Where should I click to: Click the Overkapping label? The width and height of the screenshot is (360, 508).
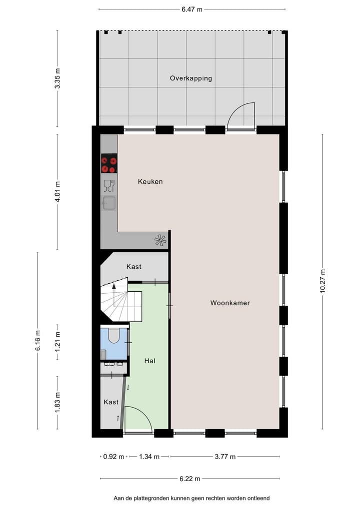[190, 78]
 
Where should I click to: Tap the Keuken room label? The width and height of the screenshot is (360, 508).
[150, 182]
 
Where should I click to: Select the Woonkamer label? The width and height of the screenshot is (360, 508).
[229, 303]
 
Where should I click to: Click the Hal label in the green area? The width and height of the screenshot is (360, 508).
[149, 361]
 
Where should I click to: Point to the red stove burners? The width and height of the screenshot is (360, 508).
[109, 164]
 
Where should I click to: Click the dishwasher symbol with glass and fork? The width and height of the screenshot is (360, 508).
[109, 186]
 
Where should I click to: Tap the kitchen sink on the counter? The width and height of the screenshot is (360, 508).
[108, 203]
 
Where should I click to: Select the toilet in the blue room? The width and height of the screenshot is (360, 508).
[113, 336]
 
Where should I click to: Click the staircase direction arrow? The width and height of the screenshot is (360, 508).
[114, 287]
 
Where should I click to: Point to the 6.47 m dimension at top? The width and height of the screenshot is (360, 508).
[192, 9]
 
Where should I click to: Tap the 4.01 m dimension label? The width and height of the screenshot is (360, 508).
[57, 192]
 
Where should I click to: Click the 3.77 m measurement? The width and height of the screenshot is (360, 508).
[224, 457]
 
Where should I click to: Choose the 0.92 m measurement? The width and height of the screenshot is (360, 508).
[113, 457]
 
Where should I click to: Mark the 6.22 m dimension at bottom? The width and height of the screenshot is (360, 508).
[189, 479]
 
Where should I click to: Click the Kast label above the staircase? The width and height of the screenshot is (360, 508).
[133, 267]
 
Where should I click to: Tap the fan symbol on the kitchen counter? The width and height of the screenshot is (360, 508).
[160, 241]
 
